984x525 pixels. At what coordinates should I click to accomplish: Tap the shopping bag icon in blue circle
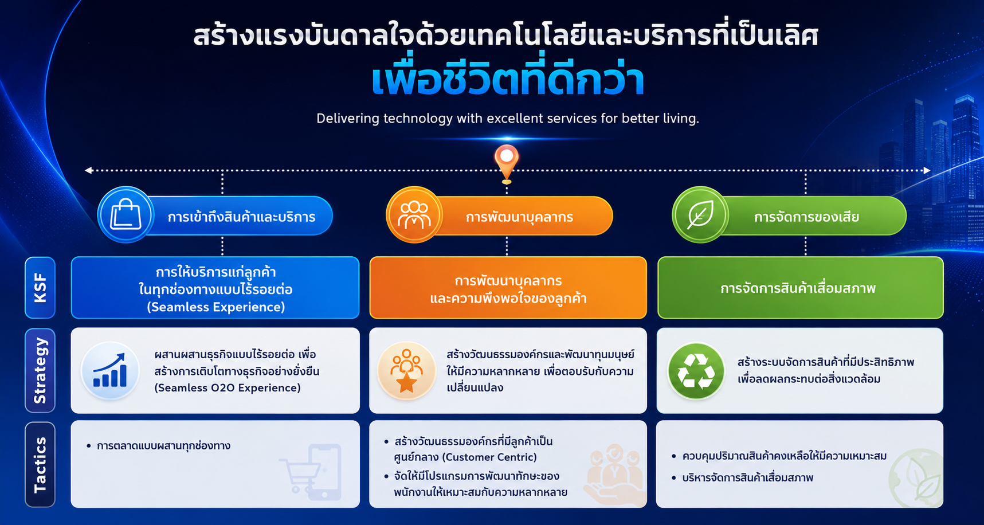coord(126,215)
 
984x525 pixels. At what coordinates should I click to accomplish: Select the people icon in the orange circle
coord(414,215)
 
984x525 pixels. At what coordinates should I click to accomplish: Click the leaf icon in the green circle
coord(700,215)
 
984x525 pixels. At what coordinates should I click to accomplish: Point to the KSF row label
coord(40,288)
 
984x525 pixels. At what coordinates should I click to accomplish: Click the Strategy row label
coord(40,370)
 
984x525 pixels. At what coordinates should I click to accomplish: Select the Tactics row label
coord(40,465)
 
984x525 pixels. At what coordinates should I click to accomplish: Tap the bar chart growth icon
coord(110,371)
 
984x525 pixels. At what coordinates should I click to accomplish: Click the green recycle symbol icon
coord(696,371)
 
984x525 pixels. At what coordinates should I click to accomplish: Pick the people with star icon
coord(407,371)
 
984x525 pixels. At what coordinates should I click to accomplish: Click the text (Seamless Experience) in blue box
coord(216,307)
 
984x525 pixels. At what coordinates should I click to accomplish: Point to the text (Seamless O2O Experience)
coord(228,388)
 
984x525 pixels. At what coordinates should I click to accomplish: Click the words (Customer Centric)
coord(489,457)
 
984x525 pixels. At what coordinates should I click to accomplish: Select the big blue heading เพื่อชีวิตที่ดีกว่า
coord(508,80)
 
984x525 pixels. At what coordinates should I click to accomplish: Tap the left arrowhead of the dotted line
coord(88,170)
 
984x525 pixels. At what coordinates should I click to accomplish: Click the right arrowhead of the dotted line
coord(927,170)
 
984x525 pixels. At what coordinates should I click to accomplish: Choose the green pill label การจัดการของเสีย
coord(806,217)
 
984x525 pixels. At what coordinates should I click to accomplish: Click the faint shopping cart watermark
coord(311,472)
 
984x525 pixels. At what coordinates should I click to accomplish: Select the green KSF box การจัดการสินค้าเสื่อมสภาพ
coord(800,288)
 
